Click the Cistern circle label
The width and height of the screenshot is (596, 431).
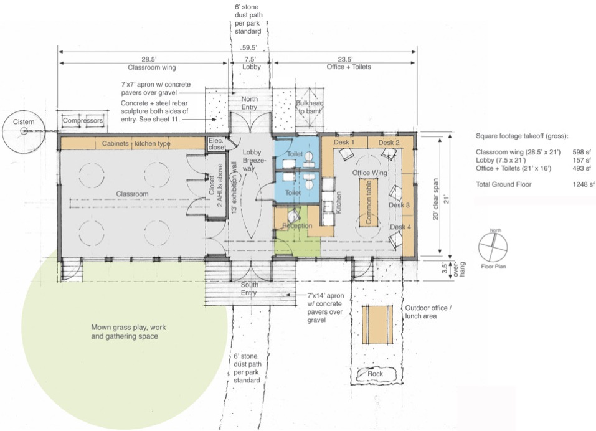(24, 121)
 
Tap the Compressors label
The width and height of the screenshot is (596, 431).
(82, 120)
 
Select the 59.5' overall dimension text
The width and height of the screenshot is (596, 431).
(249, 48)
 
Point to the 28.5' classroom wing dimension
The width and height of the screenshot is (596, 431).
(149, 59)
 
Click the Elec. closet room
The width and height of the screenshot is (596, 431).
(217, 144)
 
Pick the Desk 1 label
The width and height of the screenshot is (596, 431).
(344, 143)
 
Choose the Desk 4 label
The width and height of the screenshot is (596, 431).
(400, 227)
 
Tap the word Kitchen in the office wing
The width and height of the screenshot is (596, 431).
(338, 202)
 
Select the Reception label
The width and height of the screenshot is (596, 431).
(297, 225)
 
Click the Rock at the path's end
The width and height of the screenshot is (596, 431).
(376, 374)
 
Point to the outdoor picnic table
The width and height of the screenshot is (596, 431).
(377, 325)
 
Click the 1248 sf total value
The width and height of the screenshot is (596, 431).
(584, 185)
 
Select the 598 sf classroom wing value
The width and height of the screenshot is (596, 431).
(582, 153)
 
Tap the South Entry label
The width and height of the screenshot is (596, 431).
(249, 289)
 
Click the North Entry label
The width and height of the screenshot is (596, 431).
(249, 103)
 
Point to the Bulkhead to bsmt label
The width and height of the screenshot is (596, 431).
(310, 107)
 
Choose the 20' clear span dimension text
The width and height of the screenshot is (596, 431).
(435, 199)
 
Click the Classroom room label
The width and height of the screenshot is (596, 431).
(132, 194)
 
